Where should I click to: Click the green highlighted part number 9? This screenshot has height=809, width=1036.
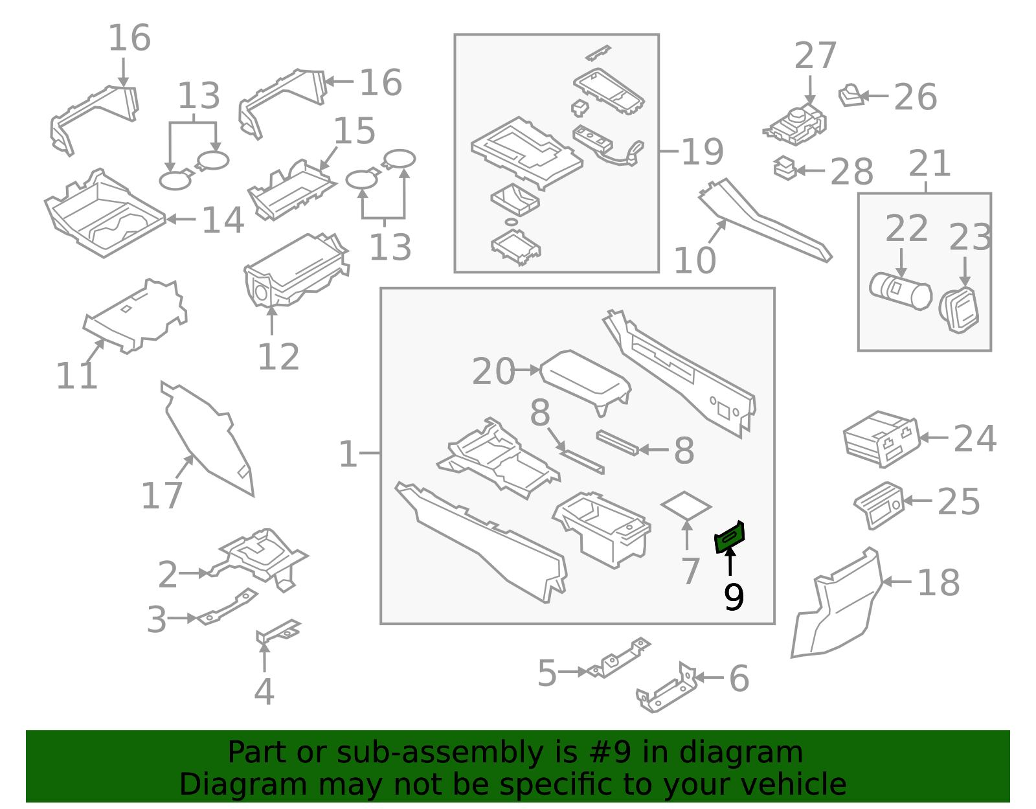pos(730,537)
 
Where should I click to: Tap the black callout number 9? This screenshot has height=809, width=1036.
pos(734,597)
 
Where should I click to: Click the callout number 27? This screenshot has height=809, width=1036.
pos(815,56)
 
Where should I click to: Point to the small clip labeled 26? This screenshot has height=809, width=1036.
pos(851,96)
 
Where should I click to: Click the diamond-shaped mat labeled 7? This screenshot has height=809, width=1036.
pos(686,505)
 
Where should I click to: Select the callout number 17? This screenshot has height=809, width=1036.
pos(162,496)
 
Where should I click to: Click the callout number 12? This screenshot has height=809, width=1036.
pos(278,357)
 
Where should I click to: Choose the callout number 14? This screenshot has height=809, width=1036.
pos(223,220)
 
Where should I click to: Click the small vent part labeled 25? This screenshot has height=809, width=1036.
pos(879,505)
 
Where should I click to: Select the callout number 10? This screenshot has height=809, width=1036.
pos(694,260)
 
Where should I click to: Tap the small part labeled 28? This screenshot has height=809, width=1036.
pos(785,168)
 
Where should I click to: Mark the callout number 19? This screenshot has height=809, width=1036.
pos(702,152)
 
